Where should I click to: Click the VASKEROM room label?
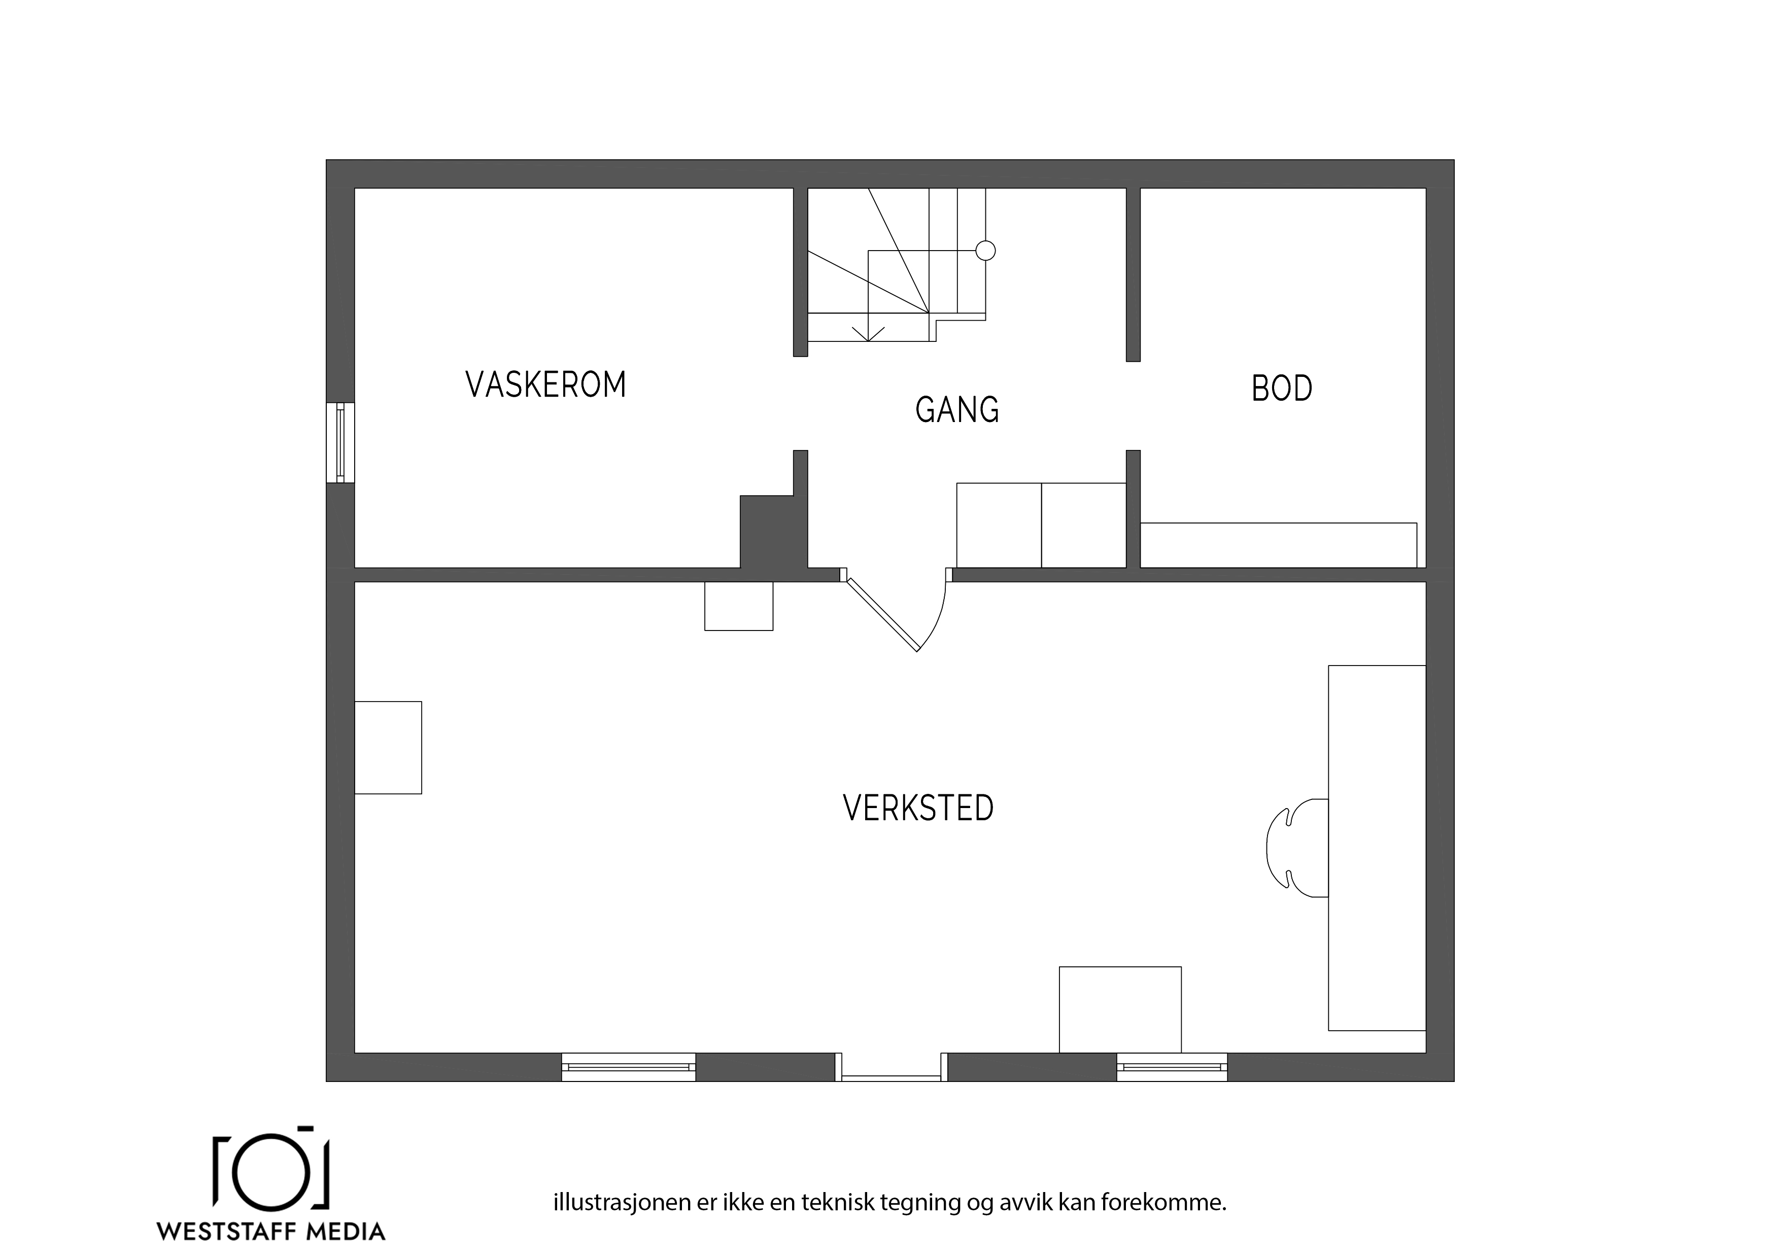click(546, 385)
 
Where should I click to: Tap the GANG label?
click(957, 410)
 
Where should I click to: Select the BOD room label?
click(1282, 389)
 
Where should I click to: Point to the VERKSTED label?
click(918, 809)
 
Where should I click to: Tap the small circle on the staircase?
click(985, 251)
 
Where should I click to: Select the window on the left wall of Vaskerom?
click(340, 443)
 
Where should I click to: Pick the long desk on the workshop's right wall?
click(1377, 848)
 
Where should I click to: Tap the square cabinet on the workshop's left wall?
click(388, 748)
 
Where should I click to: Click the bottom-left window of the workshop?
click(629, 1067)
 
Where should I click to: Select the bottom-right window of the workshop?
click(1172, 1067)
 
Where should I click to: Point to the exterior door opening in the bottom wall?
click(892, 1067)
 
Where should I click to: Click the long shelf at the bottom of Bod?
click(1278, 546)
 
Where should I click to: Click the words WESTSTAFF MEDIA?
click(271, 1231)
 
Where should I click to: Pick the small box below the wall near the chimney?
click(739, 606)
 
